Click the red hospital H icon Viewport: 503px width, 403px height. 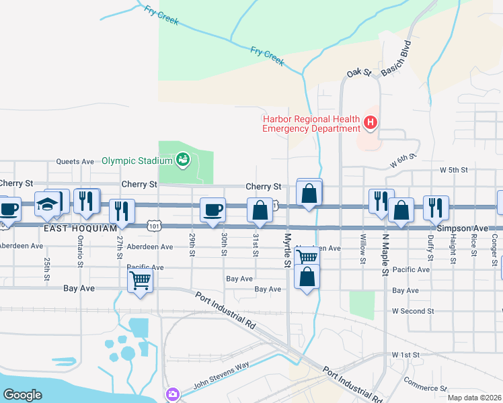pyautogui.click(x=370, y=122)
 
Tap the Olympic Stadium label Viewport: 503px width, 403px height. pyautogui.click(x=137, y=161)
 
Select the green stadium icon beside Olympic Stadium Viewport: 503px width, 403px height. pyautogui.click(x=182, y=159)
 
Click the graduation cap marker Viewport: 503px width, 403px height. pyautogui.click(x=47, y=205)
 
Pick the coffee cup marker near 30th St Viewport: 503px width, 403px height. pyautogui.click(x=212, y=210)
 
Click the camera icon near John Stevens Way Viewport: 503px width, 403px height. pyautogui.click(x=173, y=394)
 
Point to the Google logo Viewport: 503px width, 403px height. pyautogui.click(x=22, y=395)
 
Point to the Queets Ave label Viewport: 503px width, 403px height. pyautogui.click(x=75, y=161)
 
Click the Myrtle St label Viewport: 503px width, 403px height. pyautogui.click(x=287, y=250)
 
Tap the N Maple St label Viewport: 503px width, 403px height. pyautogui.click(x=386, y=255)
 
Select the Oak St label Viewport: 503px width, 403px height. pyautogui.click(x=359, y=73)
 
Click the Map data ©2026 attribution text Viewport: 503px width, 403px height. pyautogui.click(x=474, y=398)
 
